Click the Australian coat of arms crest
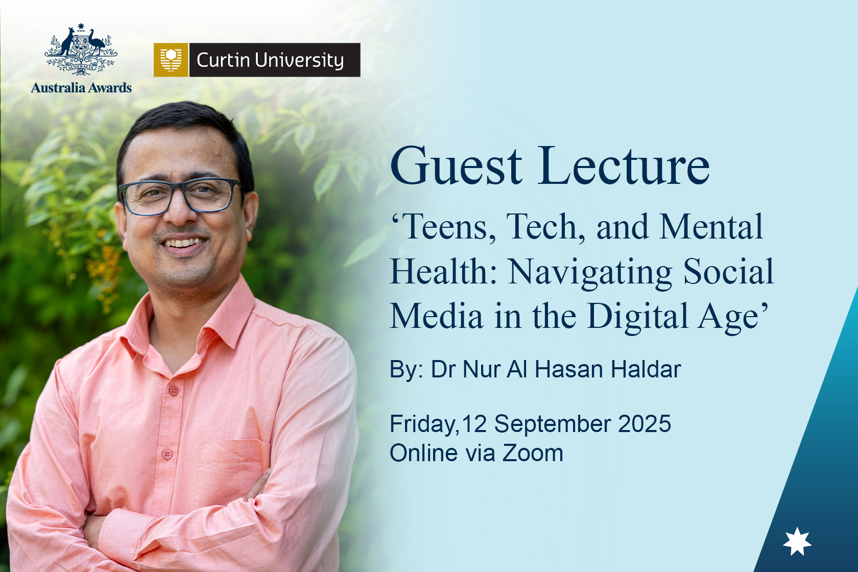81,50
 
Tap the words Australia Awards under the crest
81,88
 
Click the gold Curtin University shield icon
171,60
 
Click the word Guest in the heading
456,166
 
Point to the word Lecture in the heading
624,166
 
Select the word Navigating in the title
590,273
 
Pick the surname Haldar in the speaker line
646,369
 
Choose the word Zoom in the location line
532,453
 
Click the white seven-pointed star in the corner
797,541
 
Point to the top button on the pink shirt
174,391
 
